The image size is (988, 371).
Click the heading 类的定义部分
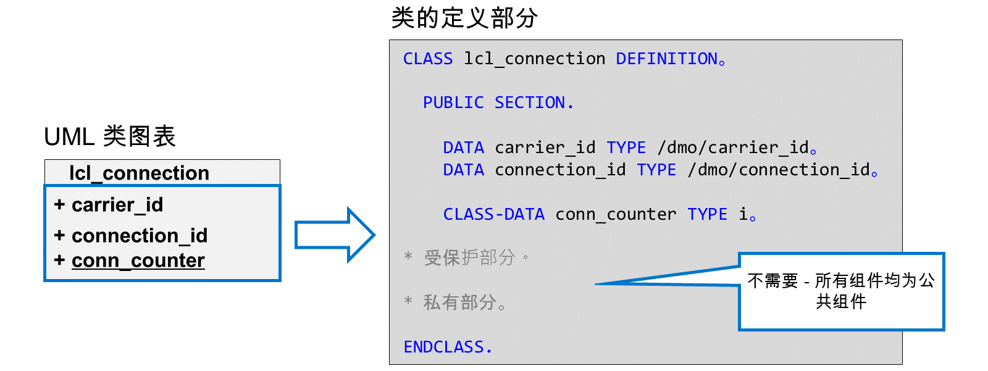point(464,18)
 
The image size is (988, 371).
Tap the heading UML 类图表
point(110,136)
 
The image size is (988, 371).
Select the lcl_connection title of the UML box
point(140,173)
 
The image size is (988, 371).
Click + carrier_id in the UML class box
point(109,205)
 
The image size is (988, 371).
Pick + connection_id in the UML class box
point(130,236)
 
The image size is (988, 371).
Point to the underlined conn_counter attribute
point(138,261)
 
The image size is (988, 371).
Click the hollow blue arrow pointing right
point(335,235)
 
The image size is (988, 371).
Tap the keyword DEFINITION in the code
point(666,59)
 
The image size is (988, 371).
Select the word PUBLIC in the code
point(453,103)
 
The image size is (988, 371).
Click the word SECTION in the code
point(530,103)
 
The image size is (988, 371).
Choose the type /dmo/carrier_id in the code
point(733,148)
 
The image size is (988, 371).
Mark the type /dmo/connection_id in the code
point(779,170)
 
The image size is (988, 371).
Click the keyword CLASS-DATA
point(494,214)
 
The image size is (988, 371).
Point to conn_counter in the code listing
point(616,215)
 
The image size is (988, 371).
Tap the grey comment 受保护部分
point(470,257)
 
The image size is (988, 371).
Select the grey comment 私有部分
point(460,302)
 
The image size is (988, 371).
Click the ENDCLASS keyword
point(444,347)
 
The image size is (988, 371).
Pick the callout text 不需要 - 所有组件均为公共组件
point(841,291)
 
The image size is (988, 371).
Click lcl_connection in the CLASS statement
point(535,59)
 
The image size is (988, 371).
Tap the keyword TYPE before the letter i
point(708,214)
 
